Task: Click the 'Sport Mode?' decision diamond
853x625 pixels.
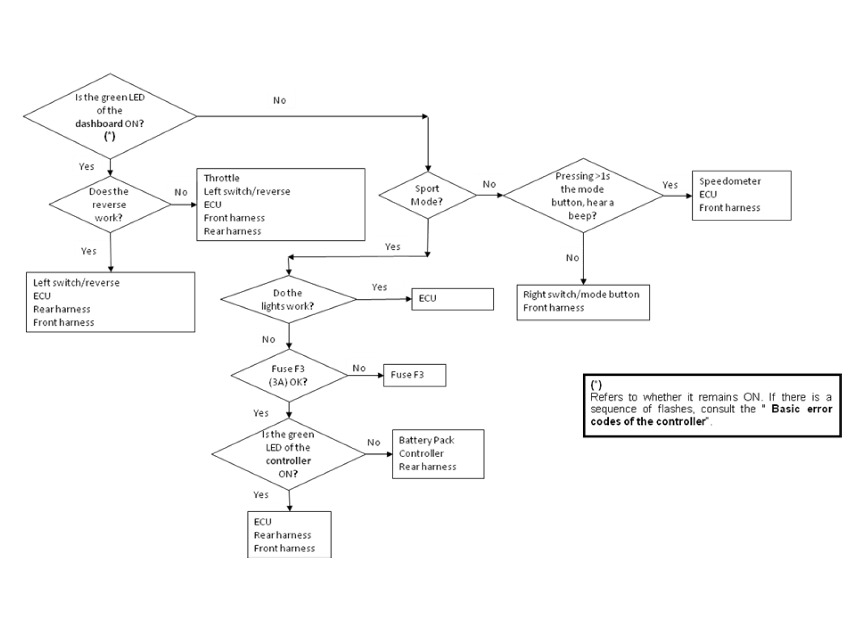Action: point(427,195)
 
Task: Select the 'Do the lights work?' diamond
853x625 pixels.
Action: point(288,299)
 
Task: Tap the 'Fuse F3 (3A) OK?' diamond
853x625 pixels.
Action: point(288,375)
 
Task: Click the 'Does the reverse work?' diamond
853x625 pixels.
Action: point(110,204)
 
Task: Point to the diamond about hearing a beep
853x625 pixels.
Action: point(583,196)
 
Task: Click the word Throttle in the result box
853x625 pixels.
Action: point(221,178)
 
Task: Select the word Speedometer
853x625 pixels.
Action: point(730,181)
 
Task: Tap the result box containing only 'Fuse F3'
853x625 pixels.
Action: point(414,375)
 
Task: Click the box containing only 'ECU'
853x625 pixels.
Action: point(452,299)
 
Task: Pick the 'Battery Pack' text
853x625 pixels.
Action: point(426,440)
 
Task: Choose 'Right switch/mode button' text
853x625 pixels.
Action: point(581,295)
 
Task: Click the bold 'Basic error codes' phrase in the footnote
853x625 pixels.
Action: point(801,409)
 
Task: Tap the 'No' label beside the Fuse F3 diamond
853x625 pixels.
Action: point(359,368)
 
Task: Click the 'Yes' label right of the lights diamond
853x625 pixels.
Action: point(379,287)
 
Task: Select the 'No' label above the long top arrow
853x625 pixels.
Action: point(279,100)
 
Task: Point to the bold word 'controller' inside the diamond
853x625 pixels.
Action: point(288,461)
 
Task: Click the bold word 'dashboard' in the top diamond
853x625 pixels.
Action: point(99,124)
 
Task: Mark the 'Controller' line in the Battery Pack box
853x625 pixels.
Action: point(421,453)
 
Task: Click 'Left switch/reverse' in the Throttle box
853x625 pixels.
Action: point(247,191)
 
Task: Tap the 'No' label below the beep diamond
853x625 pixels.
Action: point(573,258)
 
